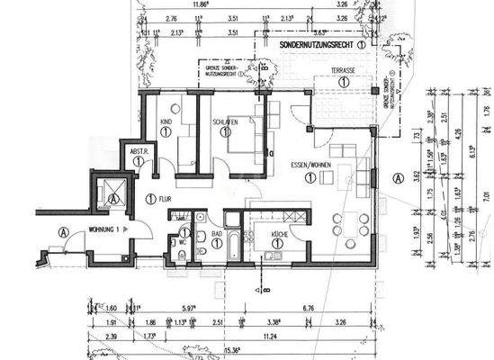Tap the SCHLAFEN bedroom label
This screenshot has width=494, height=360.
[225, 121]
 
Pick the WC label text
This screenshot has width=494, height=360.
[182, 241]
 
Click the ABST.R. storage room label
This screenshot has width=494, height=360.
[139, 151]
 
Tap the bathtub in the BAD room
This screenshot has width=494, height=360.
[233, 245]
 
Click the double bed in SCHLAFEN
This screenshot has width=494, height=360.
[241, 137]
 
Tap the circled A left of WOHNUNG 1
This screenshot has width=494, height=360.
[63, 230]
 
